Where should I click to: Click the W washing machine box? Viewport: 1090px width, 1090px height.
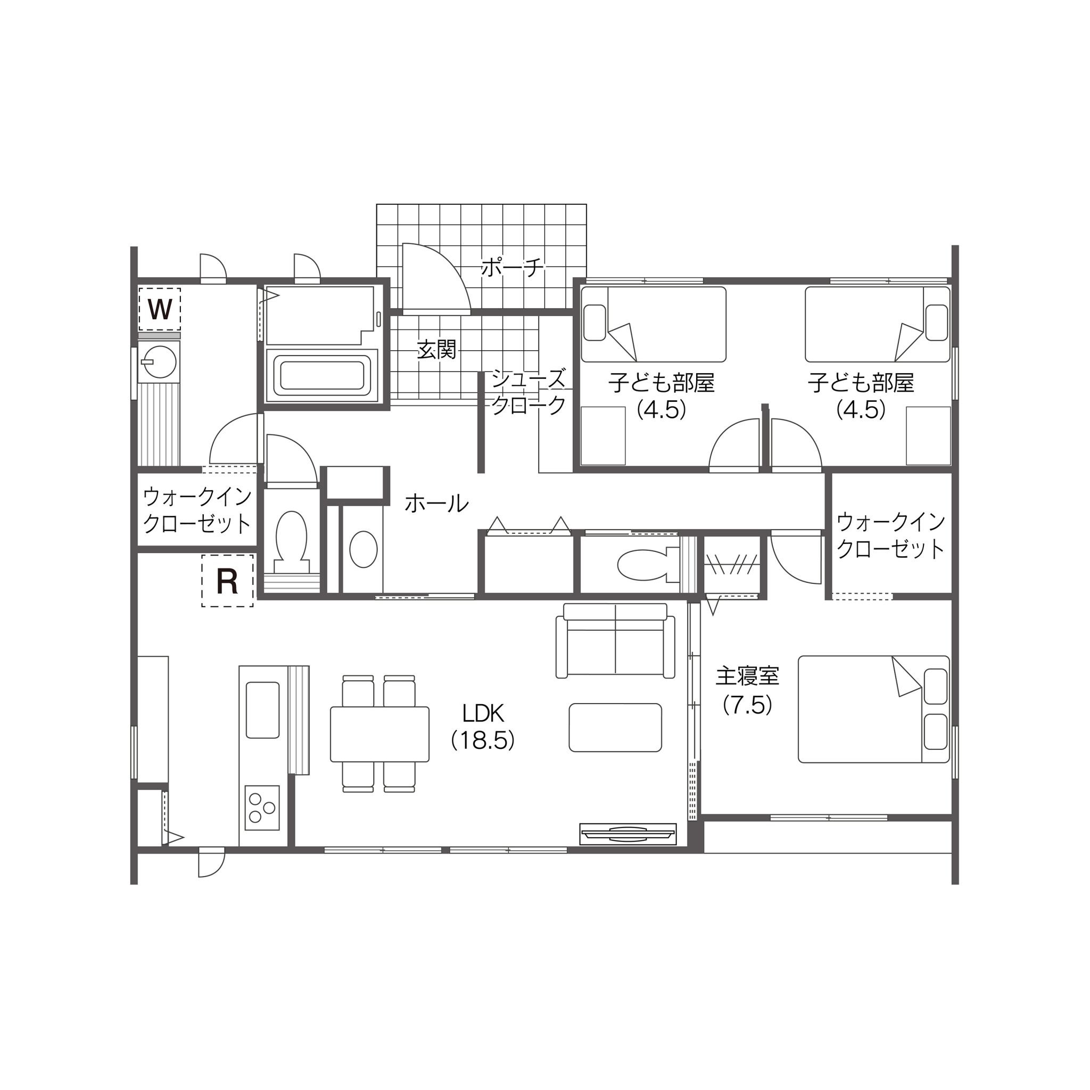coord(160,309)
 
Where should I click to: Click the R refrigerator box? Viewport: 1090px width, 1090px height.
coord(227,581)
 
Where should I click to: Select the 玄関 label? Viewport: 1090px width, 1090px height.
coord(436,350)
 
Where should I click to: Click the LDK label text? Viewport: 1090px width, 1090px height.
coord(483,714)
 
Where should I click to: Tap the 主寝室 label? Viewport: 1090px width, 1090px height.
coord(748,676)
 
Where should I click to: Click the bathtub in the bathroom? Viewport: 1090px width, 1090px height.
coord(321,376)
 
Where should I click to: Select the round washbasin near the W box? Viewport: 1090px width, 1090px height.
coord(159,361)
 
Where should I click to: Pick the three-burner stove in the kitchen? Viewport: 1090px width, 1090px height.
coord(262,808)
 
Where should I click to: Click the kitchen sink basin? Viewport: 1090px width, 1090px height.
coord(263,710)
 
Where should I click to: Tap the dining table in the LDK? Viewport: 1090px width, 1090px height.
coord(379,734)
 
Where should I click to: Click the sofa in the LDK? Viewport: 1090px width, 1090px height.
coord(616,640)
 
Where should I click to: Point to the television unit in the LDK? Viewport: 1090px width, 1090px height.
coord(628,835)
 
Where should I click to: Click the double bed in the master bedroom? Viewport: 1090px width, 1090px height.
coord(874,709)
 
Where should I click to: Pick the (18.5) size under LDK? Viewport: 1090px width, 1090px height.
coord(483,740)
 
